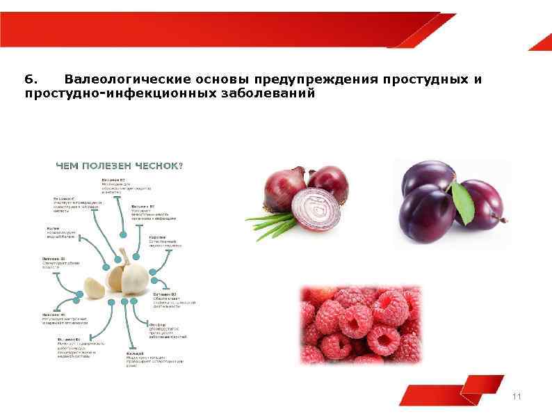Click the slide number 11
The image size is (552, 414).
[x=516, y=397]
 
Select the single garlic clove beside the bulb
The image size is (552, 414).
[x=95, y=285]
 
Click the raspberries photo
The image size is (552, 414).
[x=360, y=324]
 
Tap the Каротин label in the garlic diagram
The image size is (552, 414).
[x=157, y=237]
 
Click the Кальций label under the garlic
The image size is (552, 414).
[x=135, y=353]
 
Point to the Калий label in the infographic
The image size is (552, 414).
[x=53, y=228]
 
